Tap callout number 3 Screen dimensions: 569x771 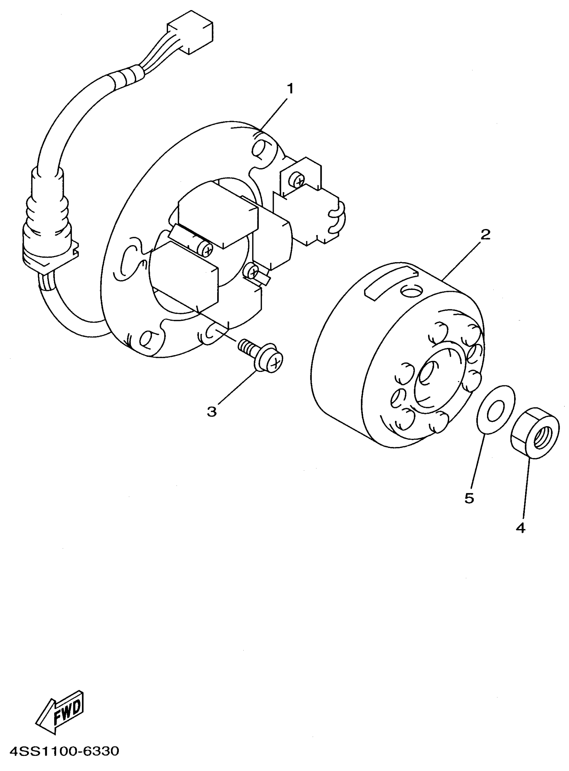pyautogui.click(x=212, y=411)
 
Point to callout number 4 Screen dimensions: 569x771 pyautogui.click(x=520, y=528)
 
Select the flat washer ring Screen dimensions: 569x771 pyautogui.click(x=496, y=408)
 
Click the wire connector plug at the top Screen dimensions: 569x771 pyautogui.click(x=190, y=36)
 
